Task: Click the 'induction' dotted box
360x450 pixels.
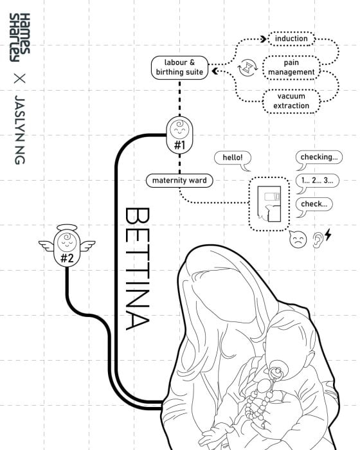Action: point(291,39)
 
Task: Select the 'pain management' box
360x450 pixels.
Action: point(291,67)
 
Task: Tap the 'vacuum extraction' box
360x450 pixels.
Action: point(291,101)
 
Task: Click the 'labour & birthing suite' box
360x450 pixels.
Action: point(179,67)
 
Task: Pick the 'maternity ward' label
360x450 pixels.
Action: point(179,181)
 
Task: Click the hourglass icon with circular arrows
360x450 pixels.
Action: point(247,67)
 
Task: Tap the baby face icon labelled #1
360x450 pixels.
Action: point(180,135)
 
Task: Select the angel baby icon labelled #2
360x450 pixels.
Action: point(67,246)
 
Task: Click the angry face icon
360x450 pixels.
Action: point(298,239)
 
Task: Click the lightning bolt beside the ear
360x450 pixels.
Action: point(328,235)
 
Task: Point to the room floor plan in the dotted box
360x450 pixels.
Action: point(269,204)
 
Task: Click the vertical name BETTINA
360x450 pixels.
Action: point(138,269)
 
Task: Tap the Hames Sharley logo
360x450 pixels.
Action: point(19,37)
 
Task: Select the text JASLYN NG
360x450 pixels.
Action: point(20,130)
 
